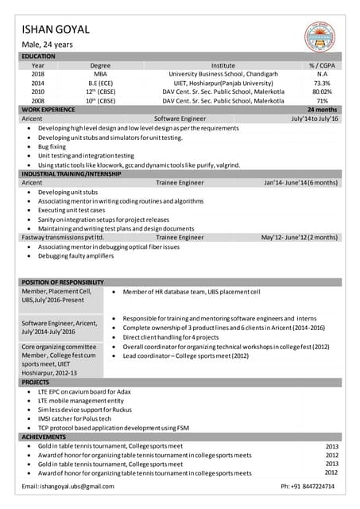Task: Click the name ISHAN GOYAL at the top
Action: (x=55, y=29)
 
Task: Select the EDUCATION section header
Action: (x=38, y=56)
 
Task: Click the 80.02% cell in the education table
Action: (x=322, y=91)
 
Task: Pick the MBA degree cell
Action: (x=100, y=74)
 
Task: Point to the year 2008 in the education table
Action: (x=37, y=101)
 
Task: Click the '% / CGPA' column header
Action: (x=322, y=65)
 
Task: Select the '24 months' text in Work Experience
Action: (x=322, y=110)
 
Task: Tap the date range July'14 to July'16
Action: (x=315, y=119)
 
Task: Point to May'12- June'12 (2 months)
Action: (x=299, y=237)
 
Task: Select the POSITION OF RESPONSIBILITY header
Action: (x=63, y=282)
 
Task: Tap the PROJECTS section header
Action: (x=36, y=382)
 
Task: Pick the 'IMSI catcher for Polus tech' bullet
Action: (x=75, y=418)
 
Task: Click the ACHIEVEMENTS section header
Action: (x=45, y=437)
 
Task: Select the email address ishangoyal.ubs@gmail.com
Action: (x=68, y=486)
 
